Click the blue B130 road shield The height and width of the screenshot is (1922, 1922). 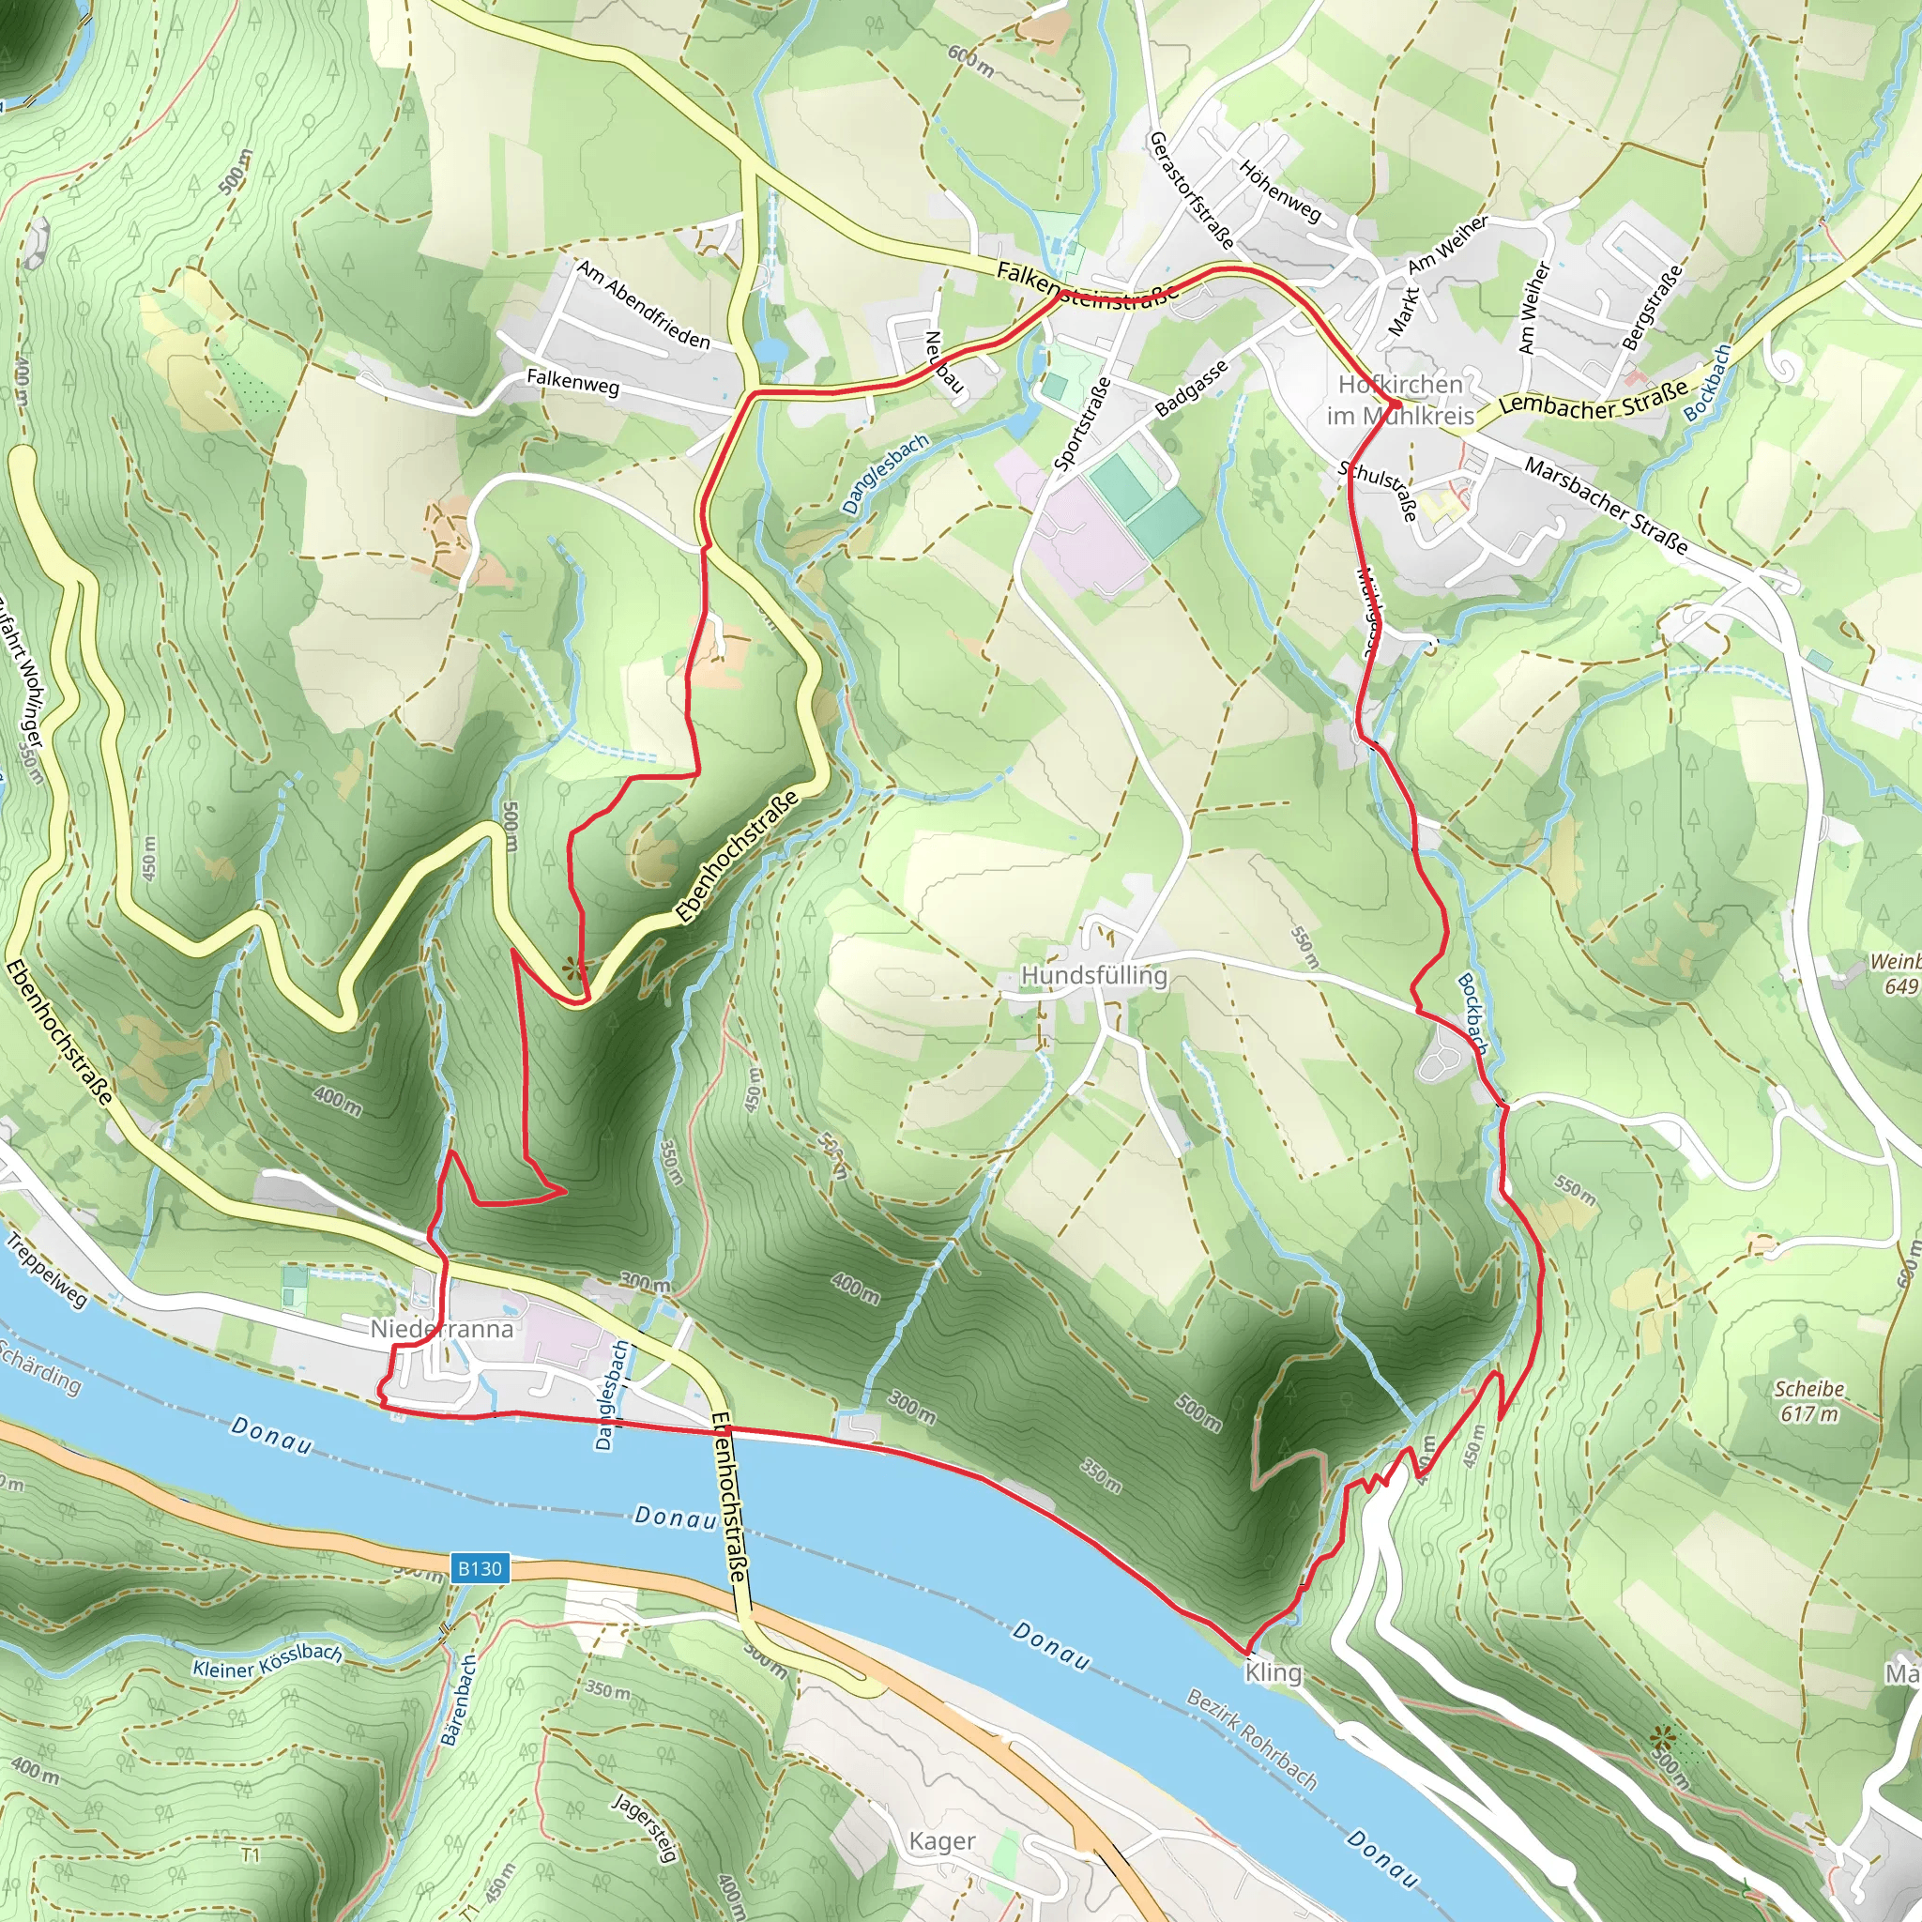(480, 1568)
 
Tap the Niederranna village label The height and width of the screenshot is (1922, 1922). (442, 1329)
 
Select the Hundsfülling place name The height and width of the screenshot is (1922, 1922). (1094, 976)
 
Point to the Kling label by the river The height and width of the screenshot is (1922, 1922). (1274, 1672)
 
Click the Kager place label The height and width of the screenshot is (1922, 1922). (942, 1841)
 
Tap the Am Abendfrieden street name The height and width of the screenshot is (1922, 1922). (644, 304)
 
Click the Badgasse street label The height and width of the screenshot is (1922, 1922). (1192, 388)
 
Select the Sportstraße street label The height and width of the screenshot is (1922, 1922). (1082, 424)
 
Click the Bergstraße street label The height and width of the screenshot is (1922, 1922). (1653, 306)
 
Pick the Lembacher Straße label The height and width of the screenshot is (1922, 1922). (1594, 398)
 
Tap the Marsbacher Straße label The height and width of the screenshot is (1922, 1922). (1606, 507)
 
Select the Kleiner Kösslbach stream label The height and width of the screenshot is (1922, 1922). (267, 1662)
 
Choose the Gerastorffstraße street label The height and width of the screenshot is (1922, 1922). (1191, 189)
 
